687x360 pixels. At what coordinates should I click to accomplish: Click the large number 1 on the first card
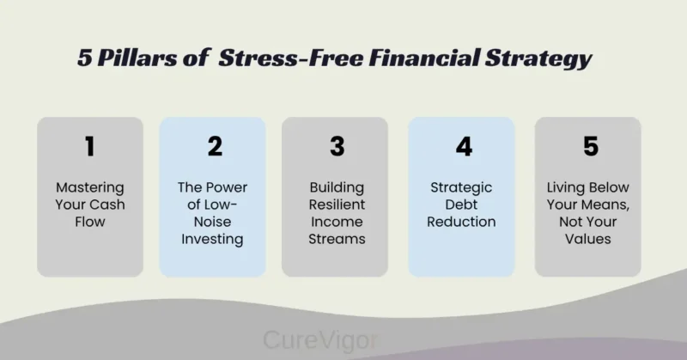(x=89, y=147)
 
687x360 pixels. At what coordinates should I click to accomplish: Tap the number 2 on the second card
(x=215, y=147)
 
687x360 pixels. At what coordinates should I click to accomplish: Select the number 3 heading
(x=337, y=147)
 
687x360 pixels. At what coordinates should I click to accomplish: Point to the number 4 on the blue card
(x=464, y=147)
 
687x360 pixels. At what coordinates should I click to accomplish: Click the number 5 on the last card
(x=590, y=147)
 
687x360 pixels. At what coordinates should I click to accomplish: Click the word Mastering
(x=89, y=187)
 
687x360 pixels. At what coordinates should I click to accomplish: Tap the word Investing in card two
(x=213, y=239)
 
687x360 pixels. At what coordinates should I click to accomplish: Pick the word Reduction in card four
(x=463, y=222)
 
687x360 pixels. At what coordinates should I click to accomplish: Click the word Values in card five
(x=588, y=239)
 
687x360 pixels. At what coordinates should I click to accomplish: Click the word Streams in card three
(x=337, y=239)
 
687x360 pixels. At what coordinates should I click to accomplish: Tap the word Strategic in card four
(x=463, y=187)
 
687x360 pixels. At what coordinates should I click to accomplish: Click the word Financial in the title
(x=396, y=60)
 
